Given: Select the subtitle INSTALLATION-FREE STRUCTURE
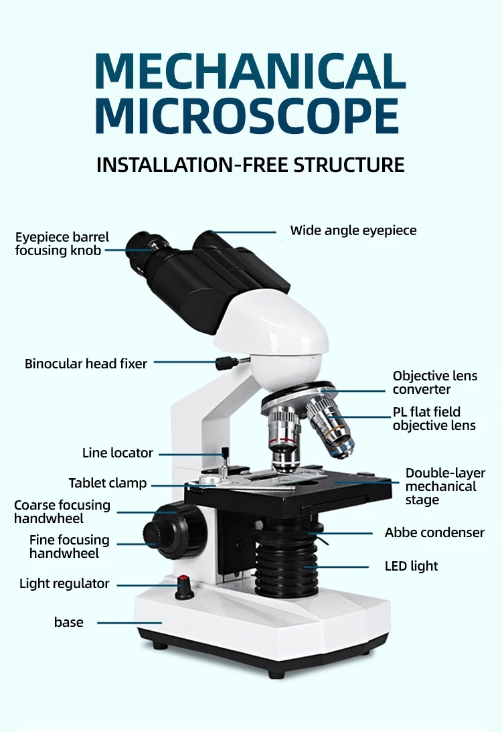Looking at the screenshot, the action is click(250, 165).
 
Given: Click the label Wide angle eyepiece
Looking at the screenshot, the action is click(353, 230).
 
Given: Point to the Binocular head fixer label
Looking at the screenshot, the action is click(86, 364).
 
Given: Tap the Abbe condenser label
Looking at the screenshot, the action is click(434, 532).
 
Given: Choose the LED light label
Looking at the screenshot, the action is click(411, 566).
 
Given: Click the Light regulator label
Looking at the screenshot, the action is click(64, 583).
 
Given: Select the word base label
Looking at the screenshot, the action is click(69, 622).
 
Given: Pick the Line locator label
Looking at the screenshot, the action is click(118, 453).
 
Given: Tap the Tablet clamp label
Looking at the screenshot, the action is click(108, 483).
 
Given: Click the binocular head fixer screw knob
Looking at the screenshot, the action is click(223, 363).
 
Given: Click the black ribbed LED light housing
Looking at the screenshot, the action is click(286, 563).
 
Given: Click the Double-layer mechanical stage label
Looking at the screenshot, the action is click(444, 486).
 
